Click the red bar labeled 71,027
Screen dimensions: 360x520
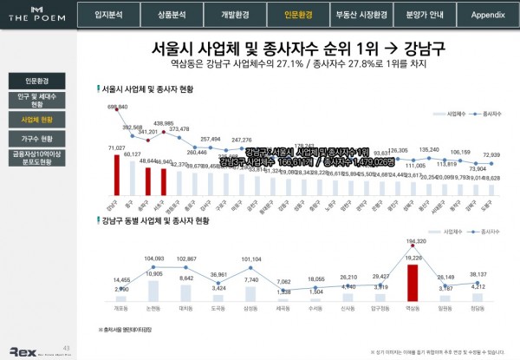click(112, 173)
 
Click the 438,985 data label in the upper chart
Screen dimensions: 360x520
click(164, 124)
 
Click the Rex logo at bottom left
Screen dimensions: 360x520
click(22, 350)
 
